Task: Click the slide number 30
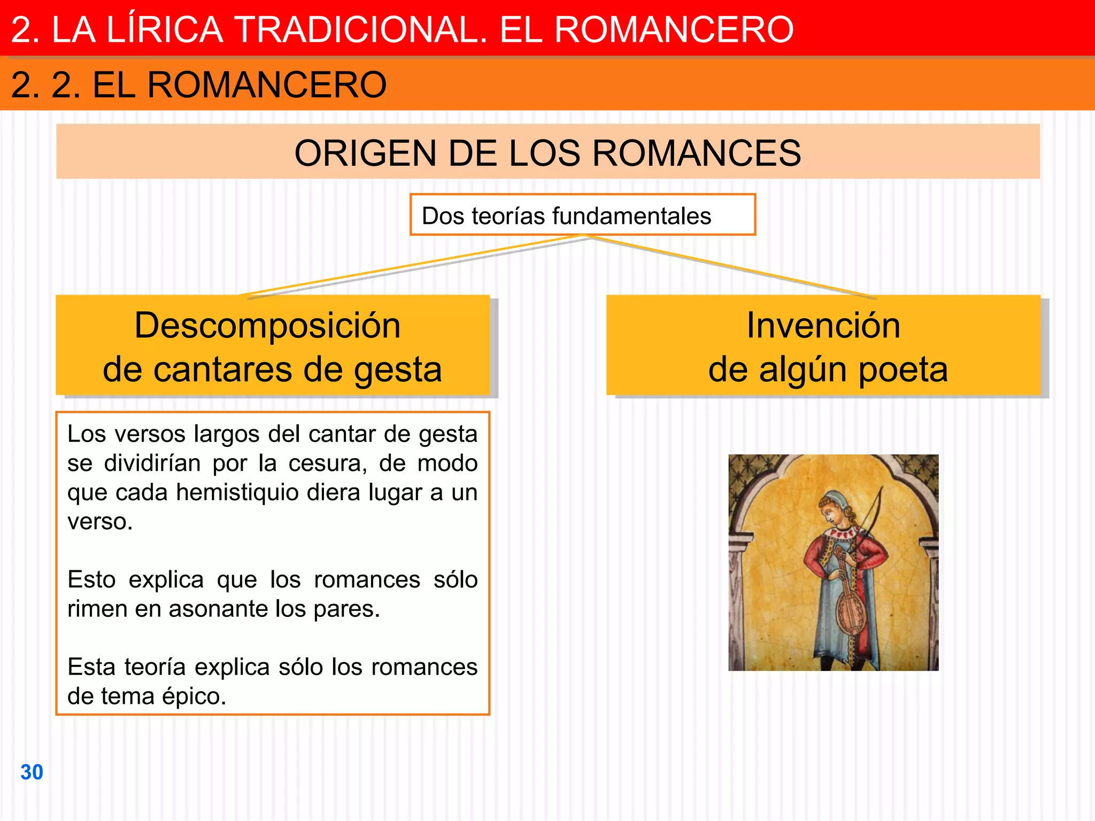click(x=32, y=772)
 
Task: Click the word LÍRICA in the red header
click(x=164, y=29)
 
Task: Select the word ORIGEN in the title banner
click(x=365, y=153)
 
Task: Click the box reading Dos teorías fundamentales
click(x=582, y=215)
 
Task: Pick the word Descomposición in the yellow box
click(x=267, y=325)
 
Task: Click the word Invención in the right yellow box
click(x=823, y=325)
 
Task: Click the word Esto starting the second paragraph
click(x=91, y=580)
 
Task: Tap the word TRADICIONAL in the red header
click(x=361, y=29)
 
